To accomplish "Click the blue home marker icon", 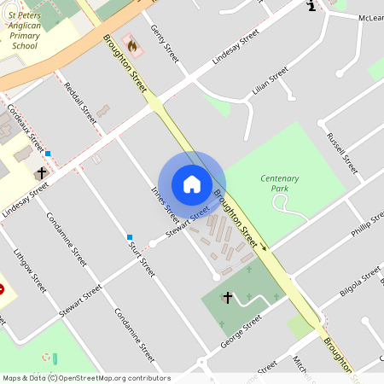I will [x=192, y=184].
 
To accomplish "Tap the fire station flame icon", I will [x=131, y=44].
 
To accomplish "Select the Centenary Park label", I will [x=279, y=183].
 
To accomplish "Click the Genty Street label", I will [x=165, y=43].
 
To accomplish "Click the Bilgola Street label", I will [x=359, y=282].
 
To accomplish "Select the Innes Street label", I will [x=165, y=201].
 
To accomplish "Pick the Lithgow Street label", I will [x=29, y=268].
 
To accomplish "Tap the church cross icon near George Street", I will [x=227, y=298].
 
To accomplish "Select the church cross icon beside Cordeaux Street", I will [x=40, y=172].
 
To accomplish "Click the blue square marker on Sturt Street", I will [x=130, y=236].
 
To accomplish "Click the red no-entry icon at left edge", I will [x=2, y=289].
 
